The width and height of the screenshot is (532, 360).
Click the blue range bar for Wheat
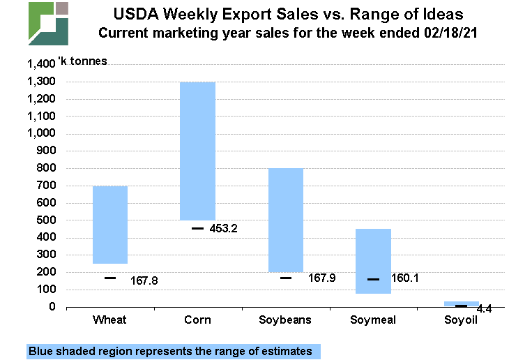point(110,225)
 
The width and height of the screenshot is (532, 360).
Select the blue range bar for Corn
point(198,151)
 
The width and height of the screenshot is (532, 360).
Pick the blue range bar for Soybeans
point(286,220)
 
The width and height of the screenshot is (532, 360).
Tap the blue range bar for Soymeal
point(374,261)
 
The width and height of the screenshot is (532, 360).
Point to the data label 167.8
point(144,280)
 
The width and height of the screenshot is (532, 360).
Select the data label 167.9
point(321,278)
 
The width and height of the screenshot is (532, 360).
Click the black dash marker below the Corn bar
point(198,228)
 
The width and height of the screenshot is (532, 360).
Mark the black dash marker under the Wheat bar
point(110,278)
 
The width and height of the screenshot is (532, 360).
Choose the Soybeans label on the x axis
point(286,320)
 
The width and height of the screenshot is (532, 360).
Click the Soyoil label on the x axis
point(462,320)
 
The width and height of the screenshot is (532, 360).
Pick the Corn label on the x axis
point(198,320)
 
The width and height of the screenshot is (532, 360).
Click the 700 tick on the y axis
point(46,186)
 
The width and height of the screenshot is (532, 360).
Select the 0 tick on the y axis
point(52,307)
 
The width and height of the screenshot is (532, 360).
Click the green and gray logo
point(49,23)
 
